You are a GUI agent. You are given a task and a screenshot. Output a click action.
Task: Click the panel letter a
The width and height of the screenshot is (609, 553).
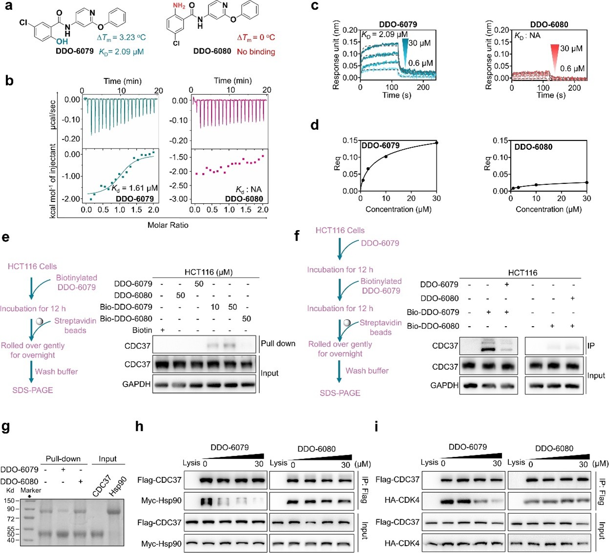(x=8, y=6)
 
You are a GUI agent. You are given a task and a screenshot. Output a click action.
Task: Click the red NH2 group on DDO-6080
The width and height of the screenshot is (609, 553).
(x=179, y=6)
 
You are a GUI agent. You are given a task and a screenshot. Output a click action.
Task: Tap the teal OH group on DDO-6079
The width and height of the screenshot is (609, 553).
(x=62, y=42)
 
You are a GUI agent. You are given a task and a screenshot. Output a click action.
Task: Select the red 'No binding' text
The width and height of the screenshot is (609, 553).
(x=256, y=52)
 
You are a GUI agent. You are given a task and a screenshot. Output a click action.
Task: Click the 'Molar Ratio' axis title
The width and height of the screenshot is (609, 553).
(x=168, y=225)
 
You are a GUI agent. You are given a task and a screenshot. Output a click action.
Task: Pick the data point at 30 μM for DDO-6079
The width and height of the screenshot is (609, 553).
(x=437, y=143)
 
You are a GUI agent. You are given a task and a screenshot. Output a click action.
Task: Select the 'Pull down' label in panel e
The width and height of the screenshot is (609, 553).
(x=278, y=343)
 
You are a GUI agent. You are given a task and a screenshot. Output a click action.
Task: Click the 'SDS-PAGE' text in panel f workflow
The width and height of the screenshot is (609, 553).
(x=340, y=393)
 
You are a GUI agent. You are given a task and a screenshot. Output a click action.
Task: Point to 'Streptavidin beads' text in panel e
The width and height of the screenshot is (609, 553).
(x=75, y=326)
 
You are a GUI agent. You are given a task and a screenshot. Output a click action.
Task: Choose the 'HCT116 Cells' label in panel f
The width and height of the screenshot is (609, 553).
(x=340, y=230)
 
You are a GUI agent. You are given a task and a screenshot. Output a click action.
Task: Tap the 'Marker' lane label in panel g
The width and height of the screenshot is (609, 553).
(x=31, y=490)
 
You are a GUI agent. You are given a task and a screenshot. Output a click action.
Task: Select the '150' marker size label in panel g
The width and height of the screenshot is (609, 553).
(x=9, y=500)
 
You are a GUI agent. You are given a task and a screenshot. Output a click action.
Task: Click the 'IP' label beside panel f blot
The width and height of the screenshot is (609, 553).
(x=591, y=346)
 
